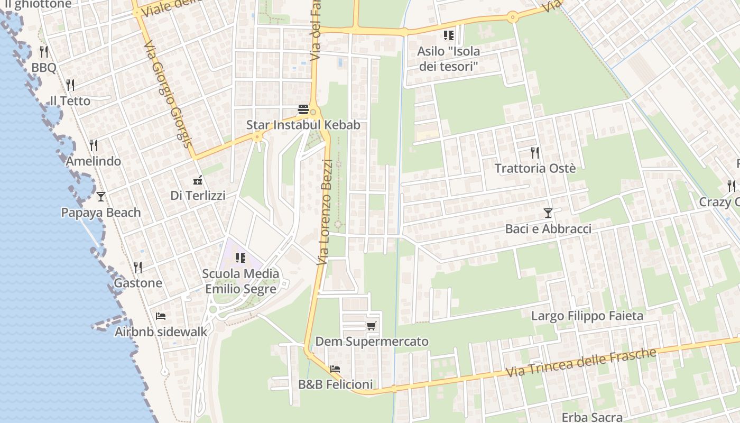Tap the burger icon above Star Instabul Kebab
coord(303,109)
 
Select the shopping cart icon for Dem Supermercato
coord(372,326)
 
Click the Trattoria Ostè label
coord(535,169)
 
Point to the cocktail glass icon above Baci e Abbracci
coord(548,213)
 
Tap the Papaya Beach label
coord(101,213)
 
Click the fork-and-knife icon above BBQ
coord(44,52)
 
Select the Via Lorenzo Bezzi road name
coord(325,212)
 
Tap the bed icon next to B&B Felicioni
coord(335,369)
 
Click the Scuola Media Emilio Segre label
coord(240,281)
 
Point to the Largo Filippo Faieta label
coord(587,316)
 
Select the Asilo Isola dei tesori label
coord(448,59)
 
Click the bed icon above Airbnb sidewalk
coord(161,316)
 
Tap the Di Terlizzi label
coord(198,196)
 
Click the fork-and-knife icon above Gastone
coord(138,267)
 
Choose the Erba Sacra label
coord(592,417)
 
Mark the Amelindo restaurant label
coord(94,161)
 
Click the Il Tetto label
coord(70,101)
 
